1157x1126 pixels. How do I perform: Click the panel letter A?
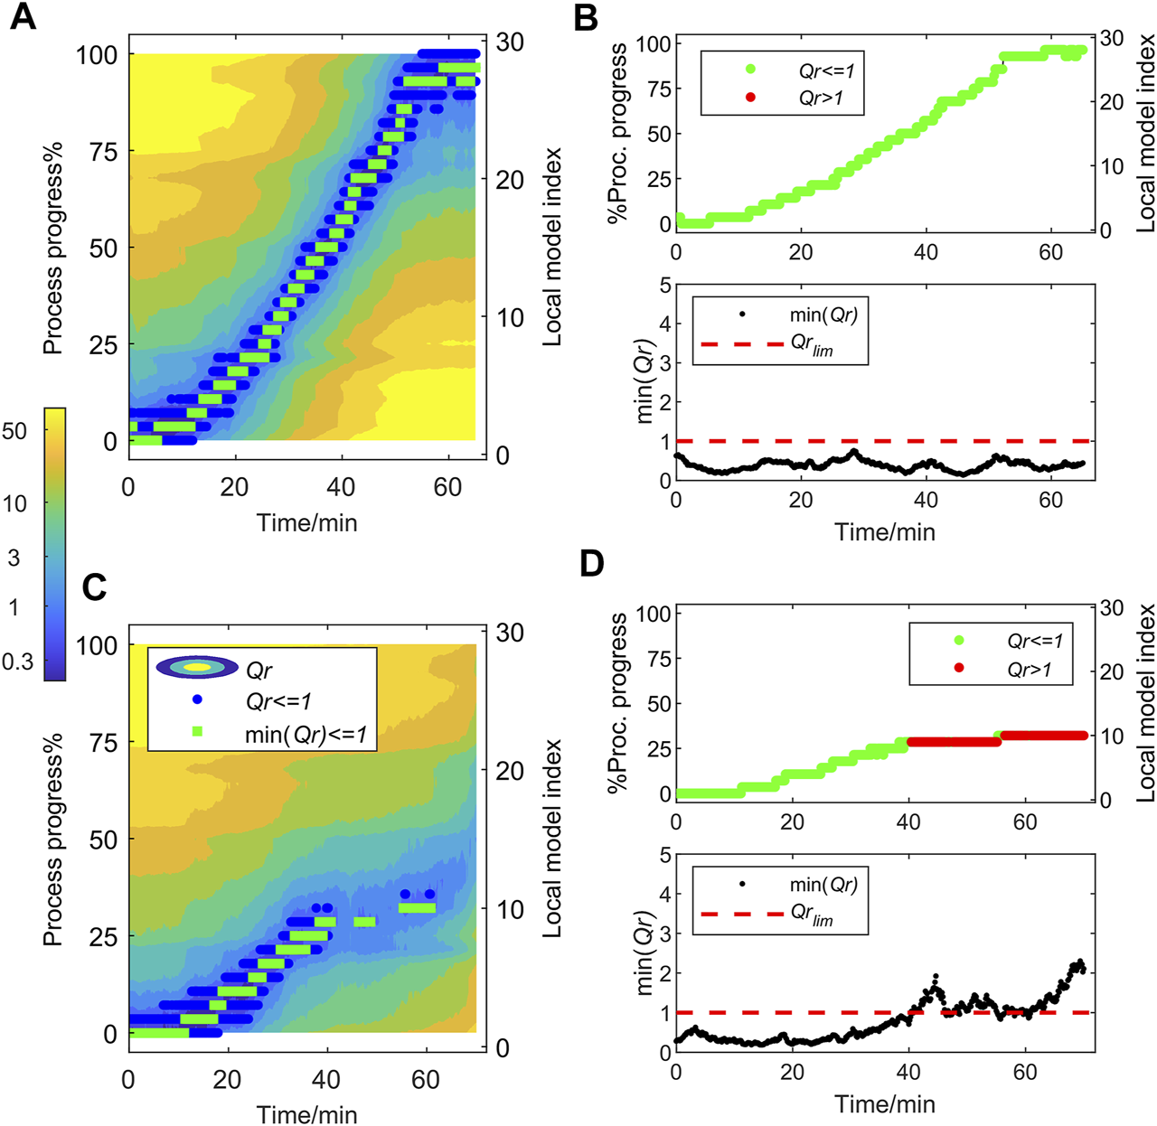[x=24, y=16]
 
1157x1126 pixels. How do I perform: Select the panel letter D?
[x=592, y=564]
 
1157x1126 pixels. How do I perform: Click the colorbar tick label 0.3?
[x=17, y=662]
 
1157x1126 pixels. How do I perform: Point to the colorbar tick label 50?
[x=14, y=431]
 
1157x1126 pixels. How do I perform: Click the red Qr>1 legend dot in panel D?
[x=958, y=668]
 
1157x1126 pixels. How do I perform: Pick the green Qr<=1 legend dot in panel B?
[x=750, y=70]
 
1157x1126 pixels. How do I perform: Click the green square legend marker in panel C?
[x=197, y=731]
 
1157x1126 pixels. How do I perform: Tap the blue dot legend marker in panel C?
[x=197, y=699]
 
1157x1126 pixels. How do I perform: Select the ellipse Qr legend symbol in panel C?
[x=197, y=667]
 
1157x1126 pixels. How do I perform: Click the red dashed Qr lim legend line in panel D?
[x=743, y=913]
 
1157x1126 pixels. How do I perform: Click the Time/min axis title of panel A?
[x=306, y=522]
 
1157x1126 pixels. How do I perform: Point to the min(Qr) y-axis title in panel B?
[x=644, y=381]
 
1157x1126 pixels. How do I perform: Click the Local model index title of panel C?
[x=552, y=839]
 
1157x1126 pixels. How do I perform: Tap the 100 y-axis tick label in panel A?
[x=97, y=55]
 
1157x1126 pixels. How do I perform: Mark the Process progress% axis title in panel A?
[x=53, y=248]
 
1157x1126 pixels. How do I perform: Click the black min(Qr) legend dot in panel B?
[x=742, y=314]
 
